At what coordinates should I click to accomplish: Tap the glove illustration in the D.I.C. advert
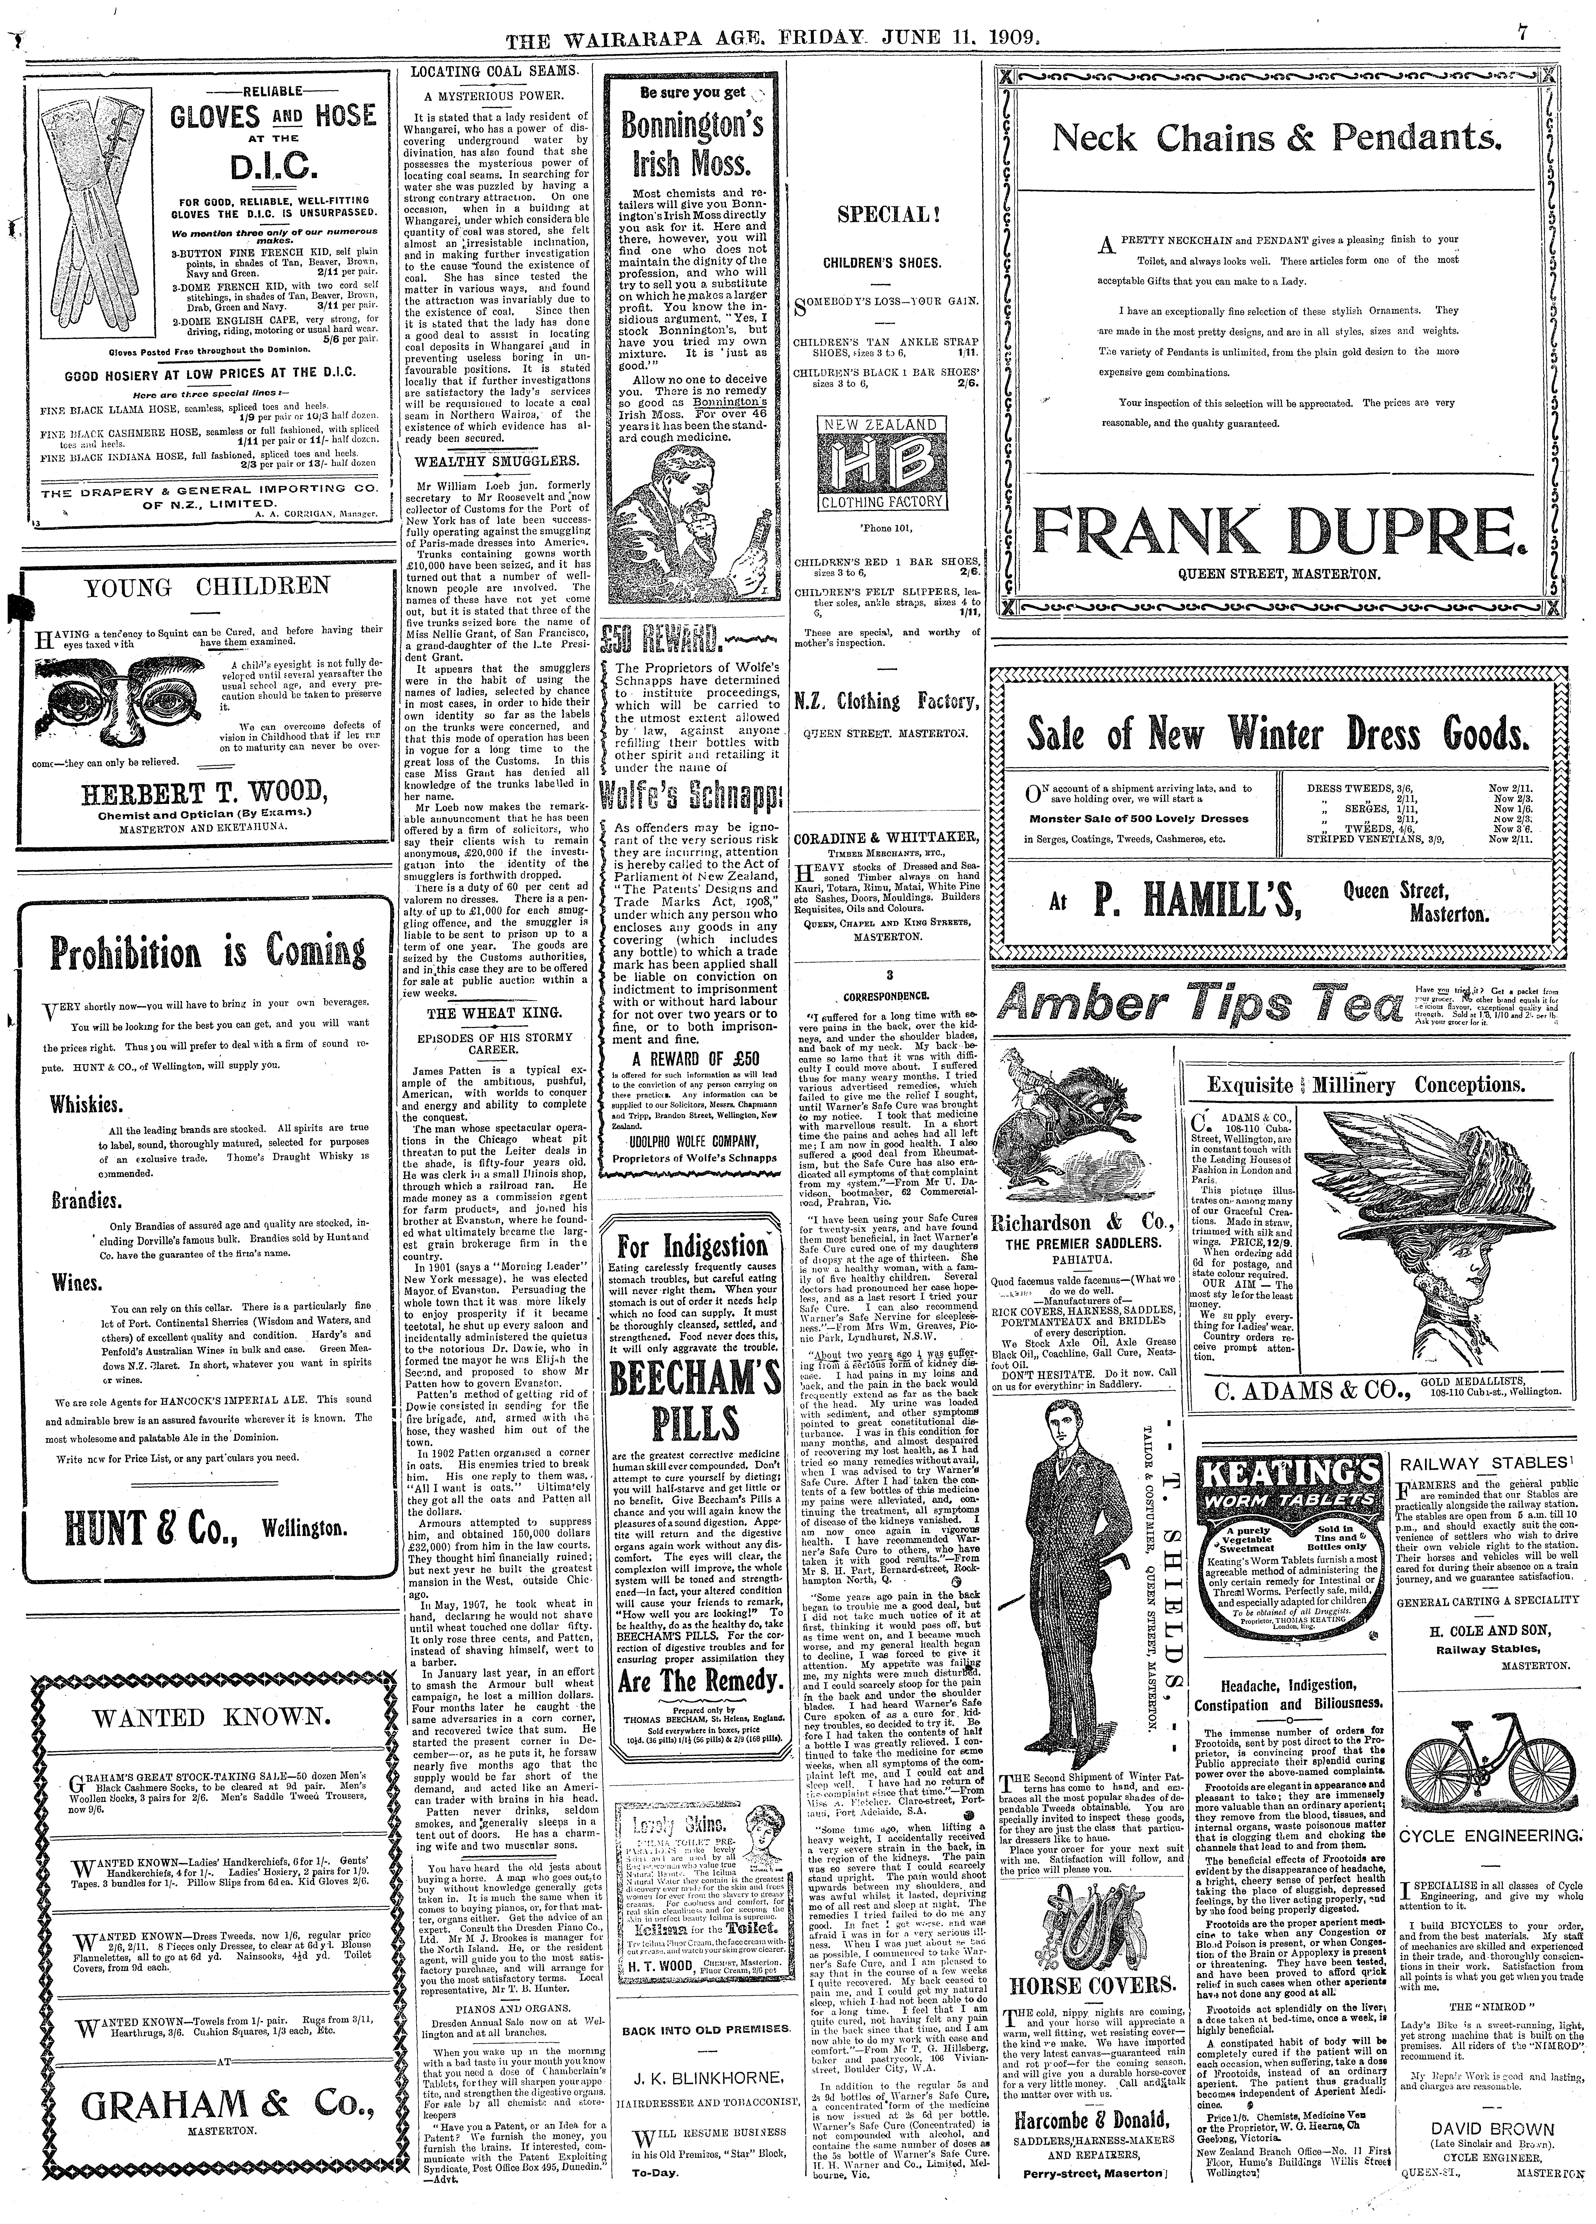tap(84, 216)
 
